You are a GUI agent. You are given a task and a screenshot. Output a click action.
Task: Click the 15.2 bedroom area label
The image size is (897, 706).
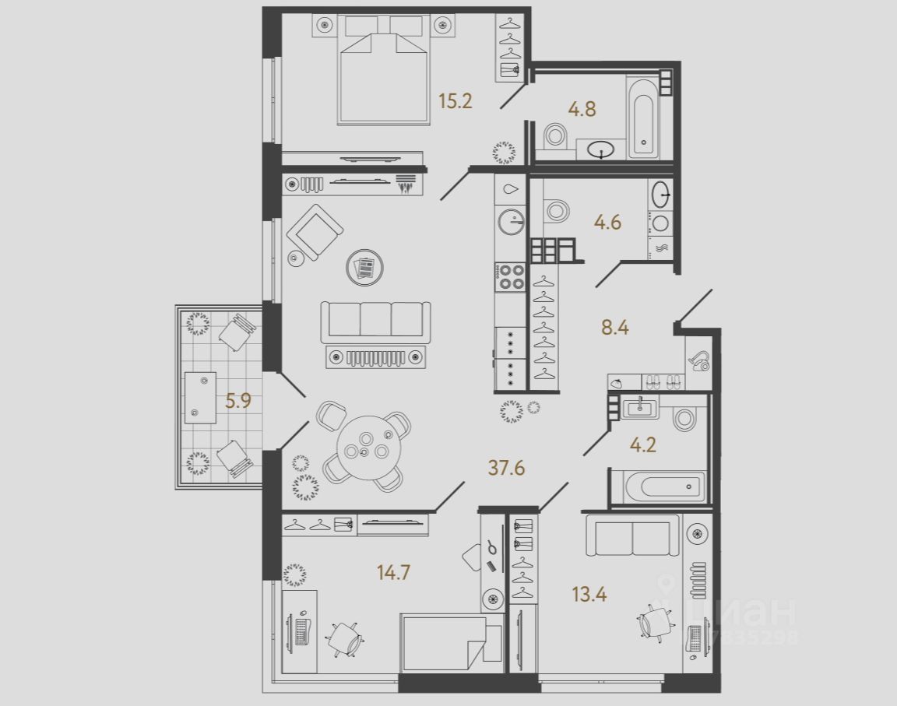click(456, 101)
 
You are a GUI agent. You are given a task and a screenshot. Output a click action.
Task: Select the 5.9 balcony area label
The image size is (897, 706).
click(238, 402)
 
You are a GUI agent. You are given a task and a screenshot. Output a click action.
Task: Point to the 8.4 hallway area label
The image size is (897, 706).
click(614, 327)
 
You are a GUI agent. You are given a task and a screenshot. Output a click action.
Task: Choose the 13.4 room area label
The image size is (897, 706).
click(589, 596)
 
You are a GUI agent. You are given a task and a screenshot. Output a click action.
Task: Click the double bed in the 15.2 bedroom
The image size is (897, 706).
click(383, 78)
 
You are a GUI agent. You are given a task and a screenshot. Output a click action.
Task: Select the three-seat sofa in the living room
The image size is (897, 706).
click(375, 319)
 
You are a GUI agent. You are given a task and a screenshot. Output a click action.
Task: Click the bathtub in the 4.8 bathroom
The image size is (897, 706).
click(643, 117)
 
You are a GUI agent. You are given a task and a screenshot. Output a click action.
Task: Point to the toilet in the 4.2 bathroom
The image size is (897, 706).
click(685, 419)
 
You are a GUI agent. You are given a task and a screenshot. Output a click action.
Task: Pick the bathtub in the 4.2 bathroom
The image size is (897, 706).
click(658, 488)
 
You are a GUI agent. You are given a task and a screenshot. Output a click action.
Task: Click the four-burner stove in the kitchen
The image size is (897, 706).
click(510, 277)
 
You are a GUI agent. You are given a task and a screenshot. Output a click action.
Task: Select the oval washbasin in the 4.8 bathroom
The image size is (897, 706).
click(601, 149)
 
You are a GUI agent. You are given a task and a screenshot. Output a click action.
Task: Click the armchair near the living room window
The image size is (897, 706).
click(315, 231)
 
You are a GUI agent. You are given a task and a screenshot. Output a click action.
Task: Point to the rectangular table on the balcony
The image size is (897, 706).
click(200, 397)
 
